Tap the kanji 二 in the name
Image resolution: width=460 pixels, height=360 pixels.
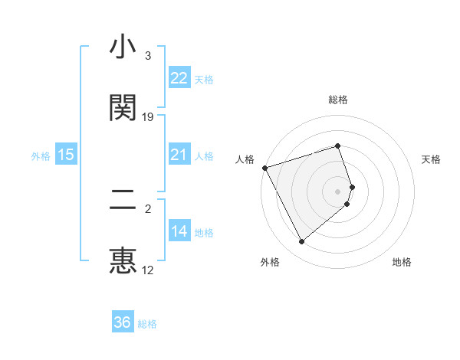click(x=123, y=201)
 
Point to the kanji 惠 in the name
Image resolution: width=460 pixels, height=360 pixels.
click(x=123, y=260)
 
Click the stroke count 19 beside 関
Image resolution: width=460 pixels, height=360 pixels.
click(x=148, y=116)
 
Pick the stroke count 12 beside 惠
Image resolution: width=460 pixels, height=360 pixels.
click(x=148, y=270)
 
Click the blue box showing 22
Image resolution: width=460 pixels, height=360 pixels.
click(x=179, y=78)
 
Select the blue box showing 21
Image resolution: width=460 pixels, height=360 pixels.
click(x=179, y=155)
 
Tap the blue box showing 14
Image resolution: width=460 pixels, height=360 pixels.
click(x=179, y=231)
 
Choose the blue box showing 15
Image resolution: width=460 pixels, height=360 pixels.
click(x=66, y=155)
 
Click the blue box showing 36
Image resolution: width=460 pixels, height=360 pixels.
click(x=123, y=322)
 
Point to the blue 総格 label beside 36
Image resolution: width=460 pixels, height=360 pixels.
click(x=147, y=324)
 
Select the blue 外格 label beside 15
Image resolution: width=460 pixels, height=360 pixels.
click(x=41, y=156)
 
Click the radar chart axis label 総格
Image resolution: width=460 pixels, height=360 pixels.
click(x=338, y=100)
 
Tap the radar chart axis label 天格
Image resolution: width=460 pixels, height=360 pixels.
click(x=432, y=159)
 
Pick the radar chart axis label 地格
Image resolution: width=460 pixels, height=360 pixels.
click(x=402, y=262)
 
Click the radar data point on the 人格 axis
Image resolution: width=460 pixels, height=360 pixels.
click(x=264, y=167)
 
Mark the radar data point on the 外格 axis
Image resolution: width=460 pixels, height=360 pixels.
click(x=301, y=242)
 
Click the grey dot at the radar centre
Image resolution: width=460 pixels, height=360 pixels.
click(x=338, y=191)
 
